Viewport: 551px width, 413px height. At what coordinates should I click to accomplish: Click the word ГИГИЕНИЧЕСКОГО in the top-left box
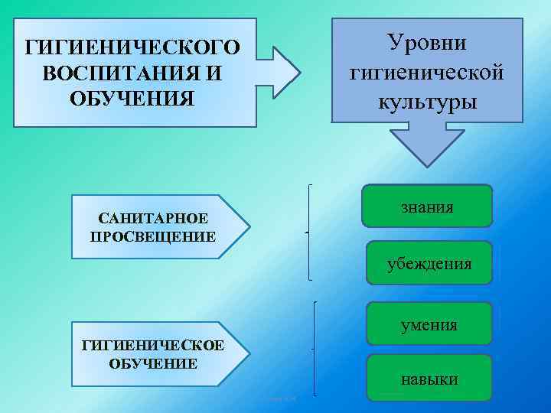point(132,48)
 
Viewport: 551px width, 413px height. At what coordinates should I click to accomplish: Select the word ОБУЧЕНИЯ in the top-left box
point(132,99)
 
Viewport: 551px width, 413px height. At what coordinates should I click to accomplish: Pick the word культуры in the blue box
point(427,102)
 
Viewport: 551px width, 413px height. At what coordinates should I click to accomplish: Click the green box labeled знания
point(427,206)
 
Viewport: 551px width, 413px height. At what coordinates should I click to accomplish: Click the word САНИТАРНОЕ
point(153,220)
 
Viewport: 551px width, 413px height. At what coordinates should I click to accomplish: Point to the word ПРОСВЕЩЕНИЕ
point(153,236)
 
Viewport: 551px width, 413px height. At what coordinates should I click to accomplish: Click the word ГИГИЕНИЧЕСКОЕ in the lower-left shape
point(153,346)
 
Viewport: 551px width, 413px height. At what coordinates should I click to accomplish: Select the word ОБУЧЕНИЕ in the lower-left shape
point(153,363)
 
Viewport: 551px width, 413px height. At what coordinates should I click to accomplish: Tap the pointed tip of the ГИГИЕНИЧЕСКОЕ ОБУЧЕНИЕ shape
point(248,353)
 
